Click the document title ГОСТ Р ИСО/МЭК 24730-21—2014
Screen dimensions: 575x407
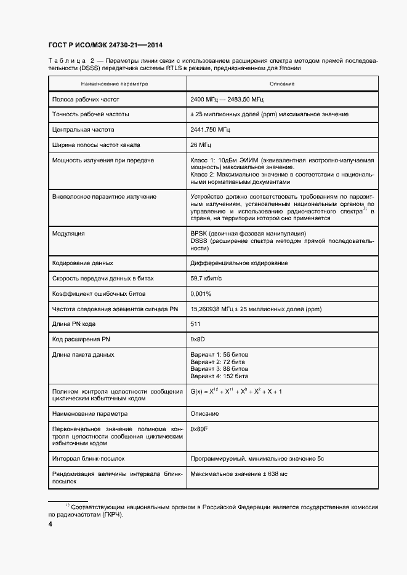click(x=105, y=45)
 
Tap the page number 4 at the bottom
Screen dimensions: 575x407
click(x=50, y=524)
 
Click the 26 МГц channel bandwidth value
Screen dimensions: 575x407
click(x=201, y=145)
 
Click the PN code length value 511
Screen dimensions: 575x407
click(x=196, y=323)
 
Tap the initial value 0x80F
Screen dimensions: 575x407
click(x=199, y=429)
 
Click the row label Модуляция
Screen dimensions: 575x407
click(x=68, y=234)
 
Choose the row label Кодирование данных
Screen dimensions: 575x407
click(x=83, y=263)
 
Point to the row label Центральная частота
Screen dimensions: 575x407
click(x=83, y=130)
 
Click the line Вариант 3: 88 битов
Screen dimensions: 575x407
click(x=219, y=368)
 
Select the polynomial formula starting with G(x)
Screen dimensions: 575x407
click(x=236, y=391)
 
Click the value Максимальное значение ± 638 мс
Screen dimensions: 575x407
click(x=240, y=474)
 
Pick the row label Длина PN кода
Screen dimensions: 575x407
click(x=74, y=323)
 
